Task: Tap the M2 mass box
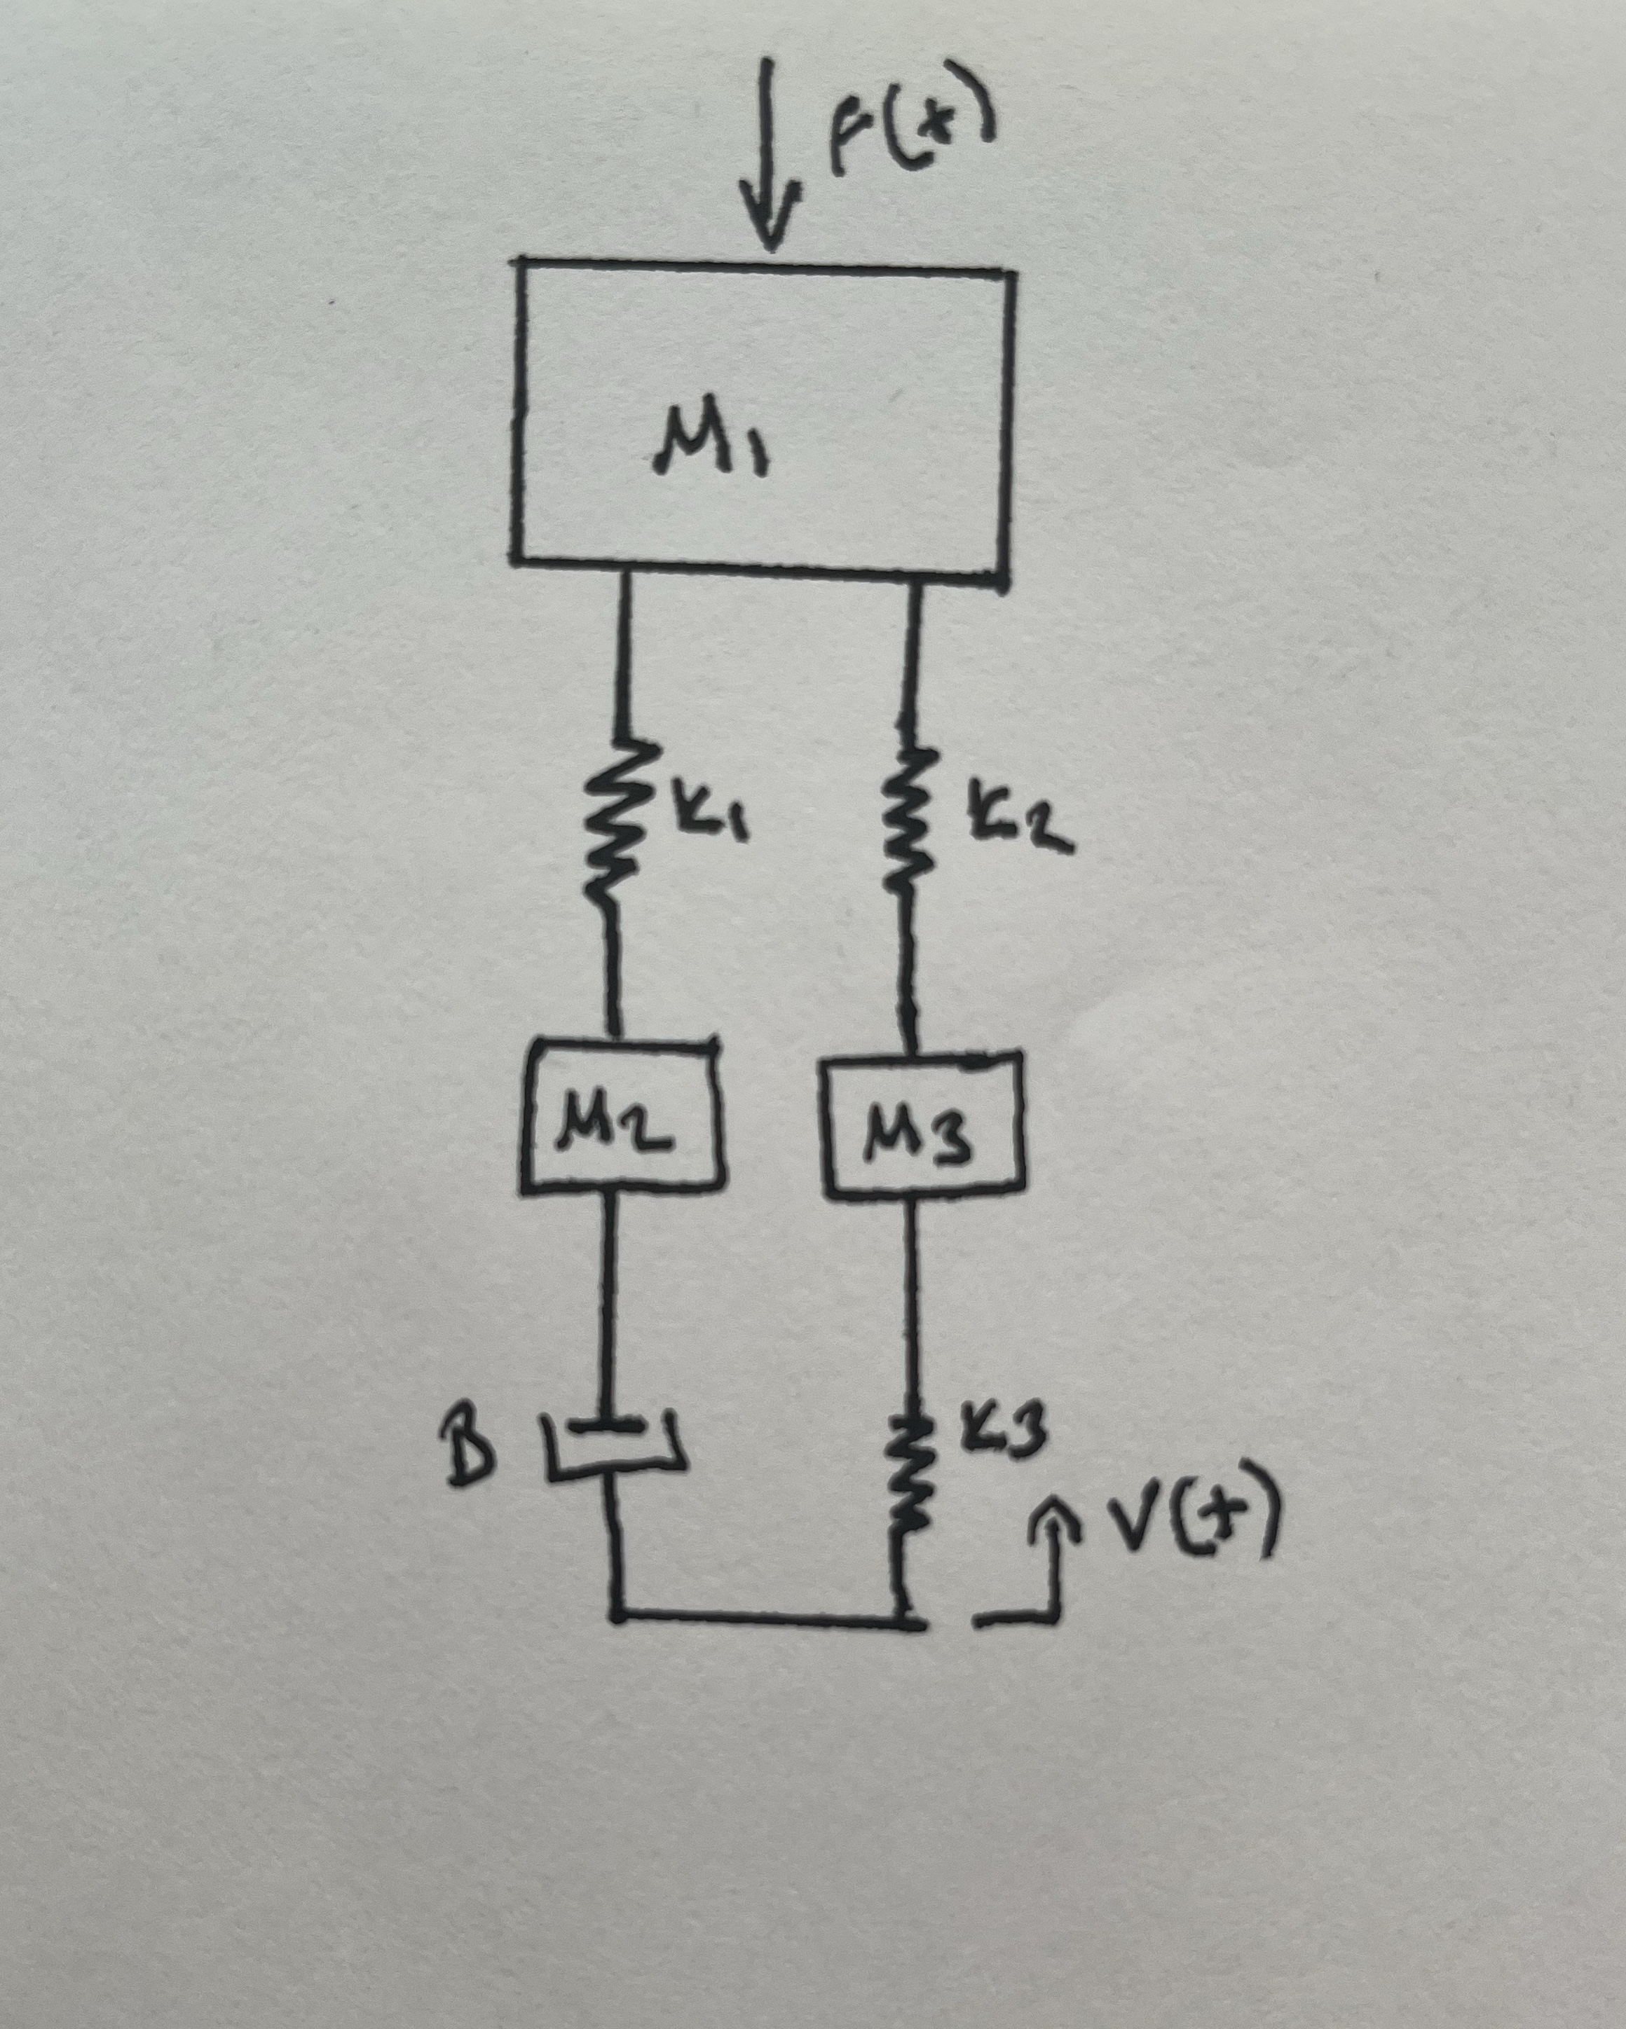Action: [622, 1116]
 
